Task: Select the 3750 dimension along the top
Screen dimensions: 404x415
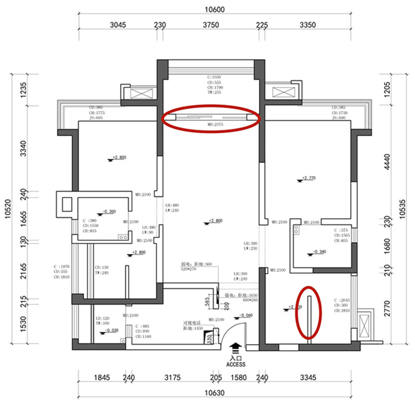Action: click(211, 25)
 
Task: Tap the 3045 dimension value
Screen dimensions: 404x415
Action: click(118, 25)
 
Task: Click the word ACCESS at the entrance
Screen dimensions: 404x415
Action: click(236, 364)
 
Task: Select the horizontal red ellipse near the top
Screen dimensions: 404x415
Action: click(211, 117)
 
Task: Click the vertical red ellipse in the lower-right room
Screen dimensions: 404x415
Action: click(307, 312)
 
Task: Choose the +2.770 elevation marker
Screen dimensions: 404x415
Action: click(307, 179)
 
